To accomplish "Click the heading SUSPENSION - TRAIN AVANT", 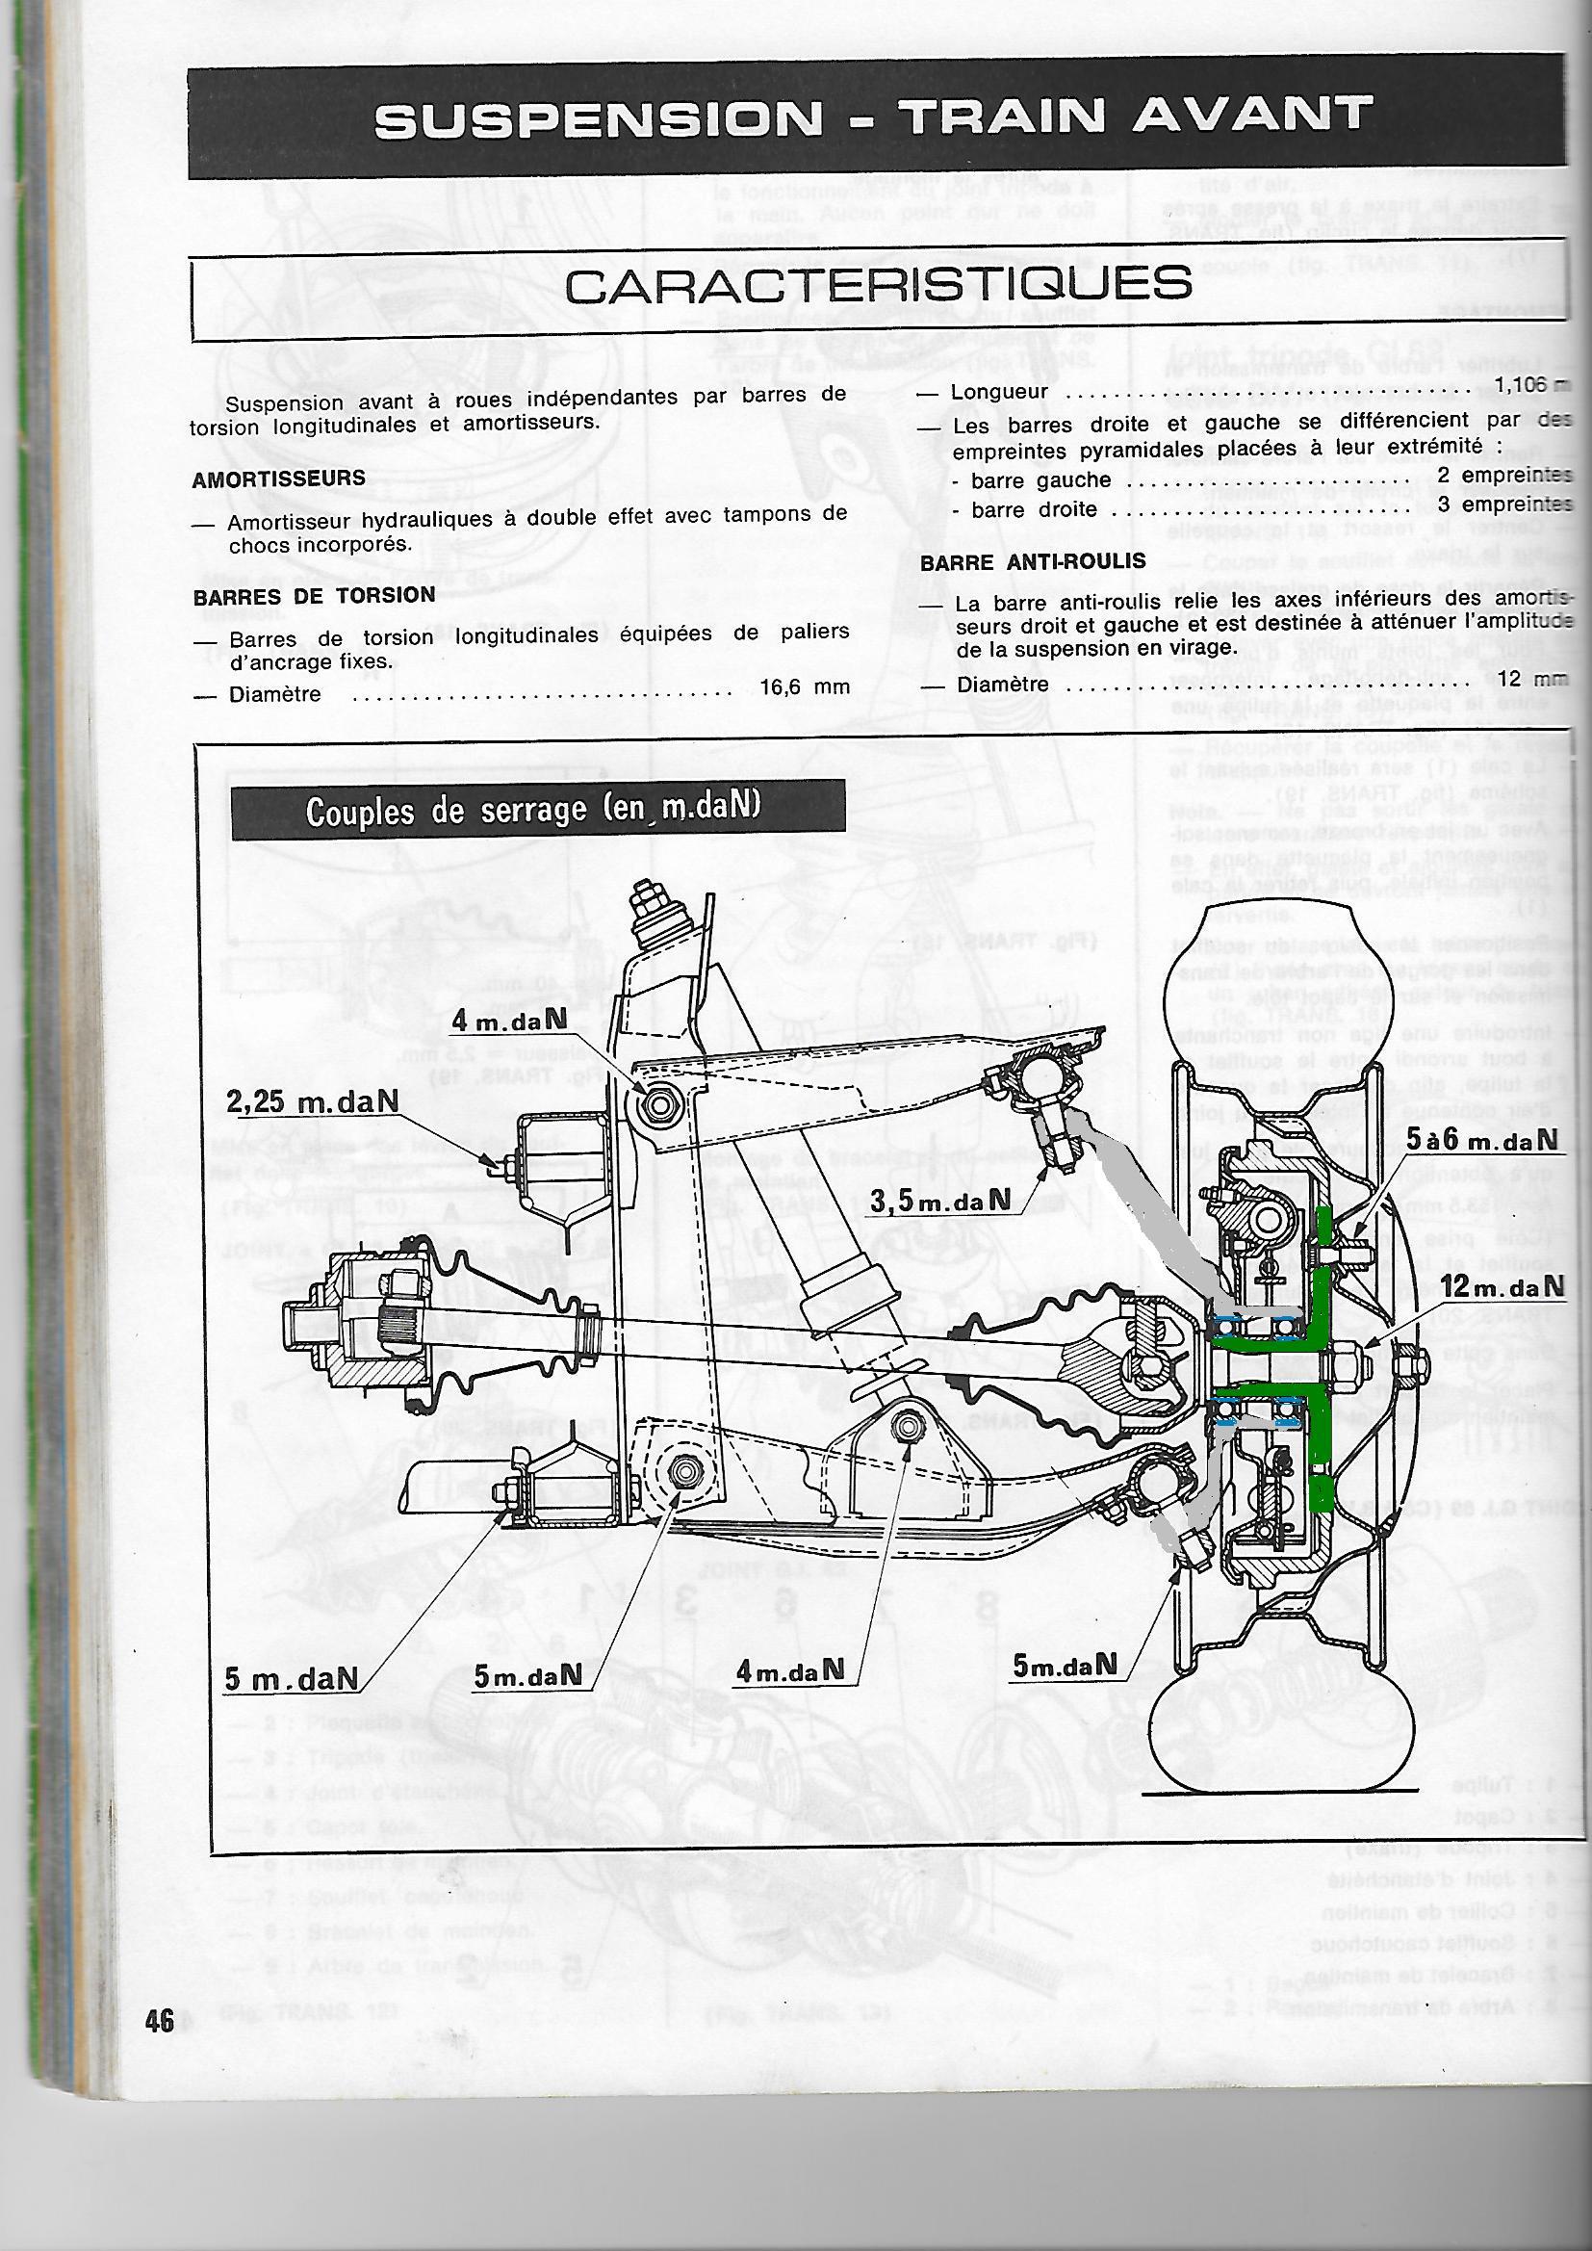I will coord(871,118).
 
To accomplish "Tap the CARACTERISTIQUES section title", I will coord(879,283).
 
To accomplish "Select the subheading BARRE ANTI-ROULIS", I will coord(1019,561).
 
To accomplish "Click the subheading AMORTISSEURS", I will coord(278,479).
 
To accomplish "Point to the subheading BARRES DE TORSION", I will coord(314,595).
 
